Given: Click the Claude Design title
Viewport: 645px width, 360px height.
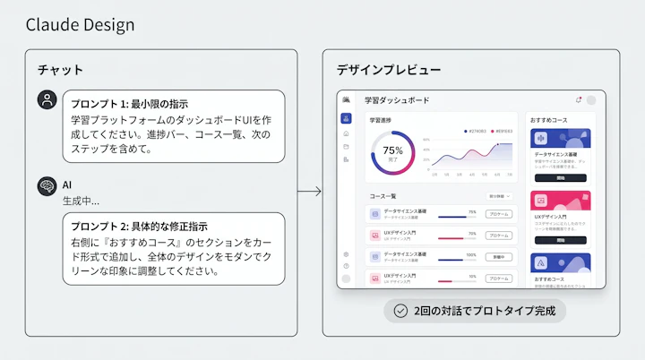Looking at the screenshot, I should tap(80, 24).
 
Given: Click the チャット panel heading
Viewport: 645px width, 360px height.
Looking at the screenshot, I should tap(60, 69).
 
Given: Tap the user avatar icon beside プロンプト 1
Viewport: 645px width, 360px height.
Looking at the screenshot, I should tap(47, 100).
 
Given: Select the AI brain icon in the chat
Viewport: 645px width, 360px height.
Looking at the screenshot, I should tap(47, 185).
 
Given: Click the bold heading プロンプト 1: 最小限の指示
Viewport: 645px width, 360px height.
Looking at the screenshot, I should tap(130, 104).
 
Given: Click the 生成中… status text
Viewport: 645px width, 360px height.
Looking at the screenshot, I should tap(81, 201).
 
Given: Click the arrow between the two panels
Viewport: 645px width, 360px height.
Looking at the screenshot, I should tap(309, 191).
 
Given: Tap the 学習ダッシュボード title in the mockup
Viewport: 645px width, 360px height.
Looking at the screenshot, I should tap(396, 100).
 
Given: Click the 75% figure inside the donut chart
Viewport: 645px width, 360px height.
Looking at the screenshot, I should tap(392, 150).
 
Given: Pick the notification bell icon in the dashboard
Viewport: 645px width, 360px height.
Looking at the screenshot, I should tap(578, 100).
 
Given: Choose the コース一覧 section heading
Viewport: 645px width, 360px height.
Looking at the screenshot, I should tap(383, 195).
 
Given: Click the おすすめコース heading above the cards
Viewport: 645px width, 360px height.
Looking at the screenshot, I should tap(548, 119).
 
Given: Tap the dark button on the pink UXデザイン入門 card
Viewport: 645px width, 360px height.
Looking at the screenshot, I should tap(559, 240).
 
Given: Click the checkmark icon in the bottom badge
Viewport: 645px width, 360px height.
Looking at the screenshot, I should tap(400, 311).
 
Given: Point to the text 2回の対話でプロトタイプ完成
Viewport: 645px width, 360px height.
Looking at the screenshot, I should tap(484, 311).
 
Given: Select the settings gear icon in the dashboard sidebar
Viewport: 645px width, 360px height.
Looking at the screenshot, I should tap(346, 254).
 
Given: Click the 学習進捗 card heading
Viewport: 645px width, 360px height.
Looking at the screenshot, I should tap(382, 119).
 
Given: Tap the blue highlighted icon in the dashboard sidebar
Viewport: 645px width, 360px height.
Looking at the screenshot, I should tap(346, 118).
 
